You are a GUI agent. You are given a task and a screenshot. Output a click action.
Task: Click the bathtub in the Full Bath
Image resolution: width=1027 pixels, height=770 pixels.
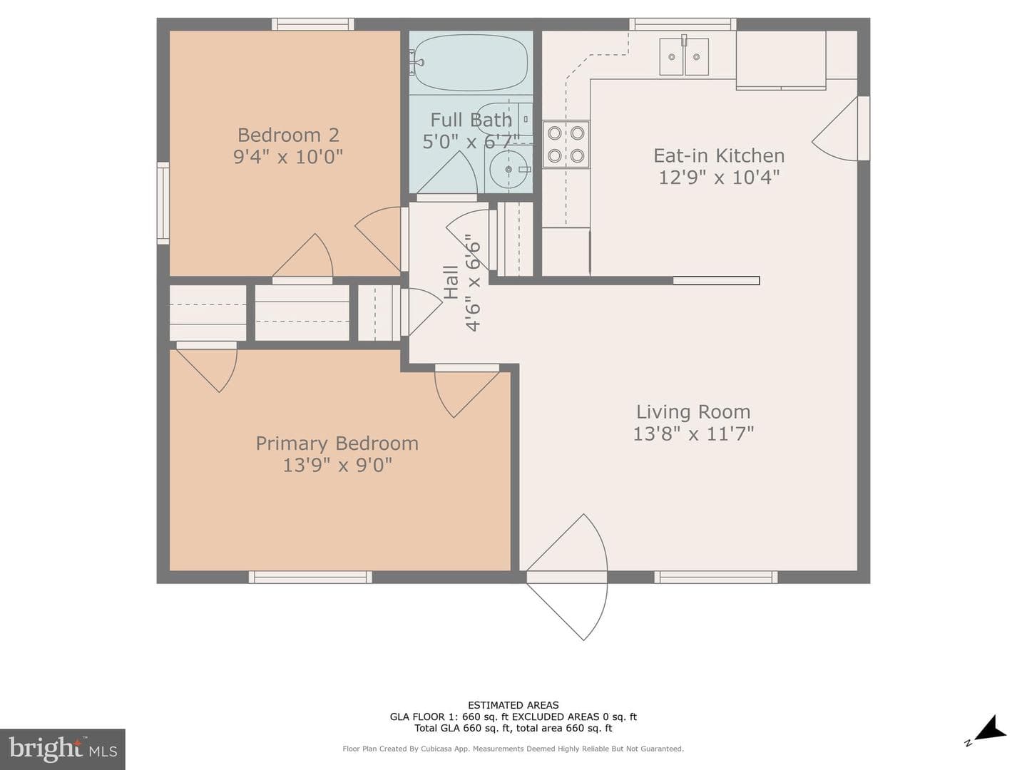coord(471,63)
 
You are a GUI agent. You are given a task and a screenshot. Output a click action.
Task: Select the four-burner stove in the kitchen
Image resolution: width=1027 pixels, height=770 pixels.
coord(566,145)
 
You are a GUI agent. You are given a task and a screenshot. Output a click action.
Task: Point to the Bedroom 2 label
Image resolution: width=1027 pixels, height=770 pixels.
coord(288,135)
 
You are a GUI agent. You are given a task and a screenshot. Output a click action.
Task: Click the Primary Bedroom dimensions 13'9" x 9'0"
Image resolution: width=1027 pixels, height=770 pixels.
coord(337,465)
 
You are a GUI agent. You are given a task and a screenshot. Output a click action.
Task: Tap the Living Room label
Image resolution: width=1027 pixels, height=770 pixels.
coord(693,412)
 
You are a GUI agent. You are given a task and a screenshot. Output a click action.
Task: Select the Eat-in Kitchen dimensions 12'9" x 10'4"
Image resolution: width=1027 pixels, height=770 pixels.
coord(719,178)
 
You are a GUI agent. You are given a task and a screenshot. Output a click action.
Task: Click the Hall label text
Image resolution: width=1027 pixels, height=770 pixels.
coord(451,282)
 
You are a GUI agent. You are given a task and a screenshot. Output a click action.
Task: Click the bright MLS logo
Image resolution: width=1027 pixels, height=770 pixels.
coord(63,749)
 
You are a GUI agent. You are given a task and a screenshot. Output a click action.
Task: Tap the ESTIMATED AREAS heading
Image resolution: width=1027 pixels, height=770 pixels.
coord(513,705)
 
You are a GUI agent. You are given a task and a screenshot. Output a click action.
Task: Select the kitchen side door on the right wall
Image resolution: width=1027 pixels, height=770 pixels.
coord(841,129)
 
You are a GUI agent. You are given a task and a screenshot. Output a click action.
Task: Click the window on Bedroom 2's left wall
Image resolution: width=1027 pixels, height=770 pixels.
coord(163,203)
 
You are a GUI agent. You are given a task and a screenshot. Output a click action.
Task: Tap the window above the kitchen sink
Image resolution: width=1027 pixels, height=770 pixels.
coord(683,24)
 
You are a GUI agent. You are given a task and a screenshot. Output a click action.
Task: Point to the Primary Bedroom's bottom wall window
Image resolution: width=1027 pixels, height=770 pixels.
coord(310,577)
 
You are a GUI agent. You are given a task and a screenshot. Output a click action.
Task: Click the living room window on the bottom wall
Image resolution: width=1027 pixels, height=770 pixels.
coord(716,577)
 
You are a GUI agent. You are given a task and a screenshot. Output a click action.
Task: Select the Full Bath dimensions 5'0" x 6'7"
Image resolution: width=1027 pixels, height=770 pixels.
coord(471,141)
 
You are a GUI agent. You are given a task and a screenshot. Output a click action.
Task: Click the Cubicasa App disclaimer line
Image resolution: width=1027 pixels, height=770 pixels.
coord(513,749)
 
